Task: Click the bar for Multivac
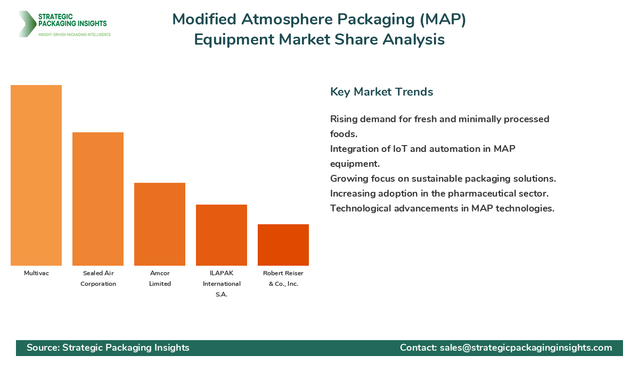point(36,175)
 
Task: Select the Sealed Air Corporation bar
point(98,199)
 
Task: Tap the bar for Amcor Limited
point(160,224)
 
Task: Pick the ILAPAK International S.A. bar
point(222,235)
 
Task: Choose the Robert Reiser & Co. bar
point(283,245)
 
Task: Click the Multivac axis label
point(36,273)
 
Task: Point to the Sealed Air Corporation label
point(98,278)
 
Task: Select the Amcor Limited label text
point(160,278)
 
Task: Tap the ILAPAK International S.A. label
point(222,284)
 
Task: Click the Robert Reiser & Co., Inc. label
point(283,278)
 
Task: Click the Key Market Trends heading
point(381,92)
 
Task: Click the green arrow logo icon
point(26,24)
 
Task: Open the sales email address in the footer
point(526,348)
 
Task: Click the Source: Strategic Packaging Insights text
point(108,348)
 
